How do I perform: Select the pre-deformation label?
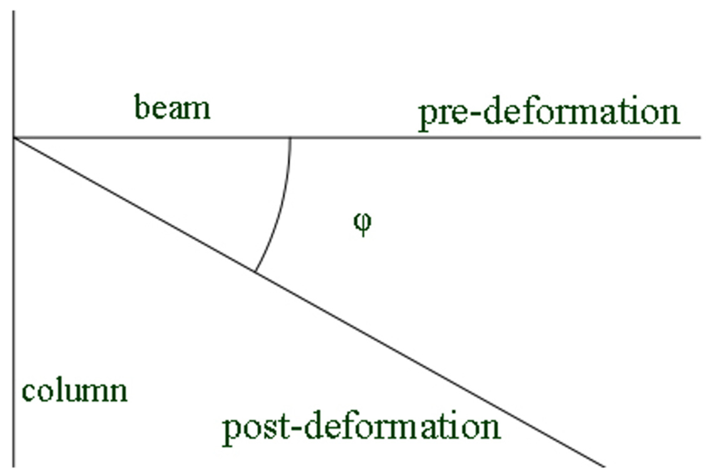point(549,114)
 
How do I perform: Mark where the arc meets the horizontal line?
point(291,138)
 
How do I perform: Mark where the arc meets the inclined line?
point(255,271)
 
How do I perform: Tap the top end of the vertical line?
point(13,12)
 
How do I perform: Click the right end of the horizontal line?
point(700,137)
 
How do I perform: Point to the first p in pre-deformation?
point(428,118)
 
